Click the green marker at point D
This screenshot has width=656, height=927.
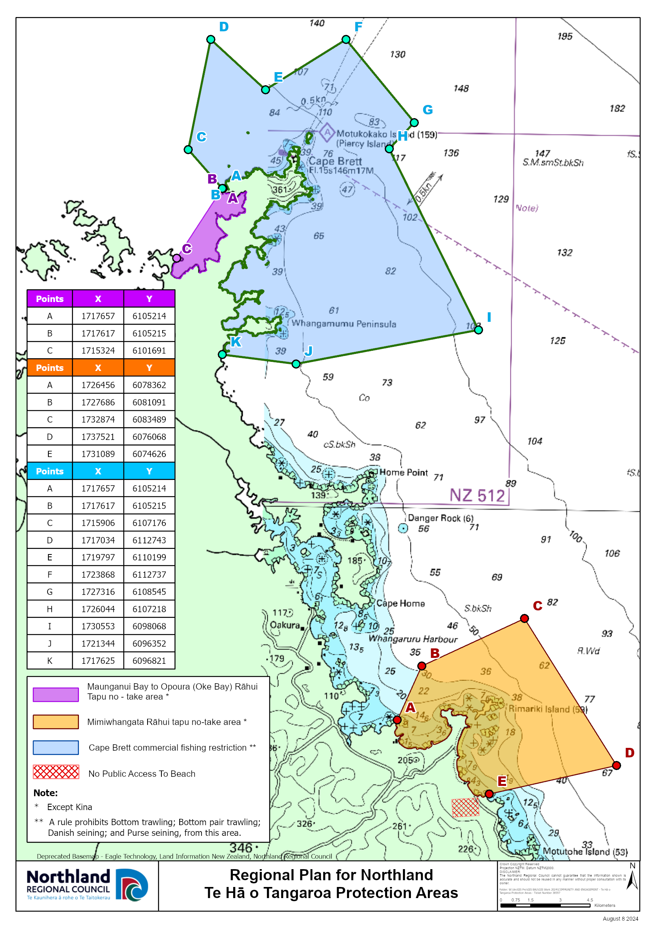click(x=211, y=39)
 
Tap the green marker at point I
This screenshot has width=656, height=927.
click(x=478, y=330)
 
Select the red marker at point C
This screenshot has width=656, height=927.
click(x=524, y=618)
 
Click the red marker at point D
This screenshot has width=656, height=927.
click(x=616, y=765)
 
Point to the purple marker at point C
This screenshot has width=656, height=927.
click(x=176, y=258)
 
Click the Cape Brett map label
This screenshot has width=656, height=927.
click(x=335, y=161)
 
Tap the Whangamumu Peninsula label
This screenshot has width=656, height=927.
click(x=344, y=324)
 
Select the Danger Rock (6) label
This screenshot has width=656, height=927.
click(x=440, y=518)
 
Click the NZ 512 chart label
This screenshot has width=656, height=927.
click(x=477, y=495)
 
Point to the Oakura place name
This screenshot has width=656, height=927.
click(x=285, y=625)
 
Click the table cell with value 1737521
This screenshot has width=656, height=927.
click(x=98, y=437)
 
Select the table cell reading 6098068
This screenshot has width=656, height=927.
click(x=149, y=626)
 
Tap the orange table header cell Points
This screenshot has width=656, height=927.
click(x=50, y=368)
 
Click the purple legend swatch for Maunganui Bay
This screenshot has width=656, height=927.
click(x=56, y=694)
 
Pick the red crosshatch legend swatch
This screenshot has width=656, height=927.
click(x=56, y=772)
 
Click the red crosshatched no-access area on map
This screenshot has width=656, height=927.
click(x=465, y=807)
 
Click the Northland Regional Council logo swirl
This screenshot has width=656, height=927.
click(x=132, y=885)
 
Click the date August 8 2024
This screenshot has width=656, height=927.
click(x=620, y=919)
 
